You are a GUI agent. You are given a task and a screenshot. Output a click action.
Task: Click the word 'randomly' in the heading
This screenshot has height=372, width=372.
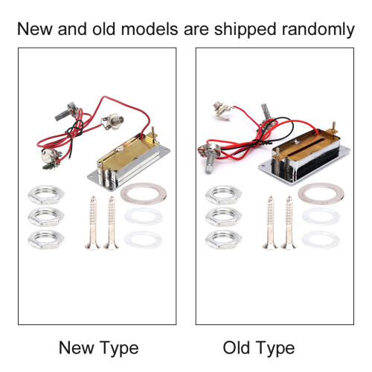[x=318, y=30]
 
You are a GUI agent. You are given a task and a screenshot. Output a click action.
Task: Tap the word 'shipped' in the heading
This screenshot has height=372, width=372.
[x=245, y=30]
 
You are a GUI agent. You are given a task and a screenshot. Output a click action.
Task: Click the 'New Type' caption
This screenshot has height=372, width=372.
[x=99, y=348]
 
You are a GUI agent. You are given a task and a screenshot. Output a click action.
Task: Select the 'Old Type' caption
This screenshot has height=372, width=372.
[x=259, y=348]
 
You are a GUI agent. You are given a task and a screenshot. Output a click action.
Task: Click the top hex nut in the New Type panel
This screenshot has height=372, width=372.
[x=46, y=195]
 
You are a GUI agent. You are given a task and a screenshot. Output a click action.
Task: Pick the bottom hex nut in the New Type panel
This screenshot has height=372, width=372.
[x=46, y=240]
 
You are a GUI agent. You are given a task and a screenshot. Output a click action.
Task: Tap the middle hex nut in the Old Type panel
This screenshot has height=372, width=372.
[x=223, y=217]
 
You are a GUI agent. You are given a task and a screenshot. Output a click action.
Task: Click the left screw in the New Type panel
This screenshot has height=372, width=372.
[x=93, y=222]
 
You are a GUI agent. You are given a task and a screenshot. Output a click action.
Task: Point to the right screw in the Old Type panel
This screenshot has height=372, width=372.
[x=289, y=222]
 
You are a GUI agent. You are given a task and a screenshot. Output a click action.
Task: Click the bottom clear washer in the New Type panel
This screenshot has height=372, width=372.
[x=144, y=240]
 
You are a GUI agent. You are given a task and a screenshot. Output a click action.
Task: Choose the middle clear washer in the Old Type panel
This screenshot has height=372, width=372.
[x=321, y=217]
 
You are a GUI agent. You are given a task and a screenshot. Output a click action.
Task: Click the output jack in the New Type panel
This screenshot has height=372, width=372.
[x=113, y=121]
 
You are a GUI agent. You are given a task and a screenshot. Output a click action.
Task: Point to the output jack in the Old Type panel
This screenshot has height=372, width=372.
[x=222, y=112]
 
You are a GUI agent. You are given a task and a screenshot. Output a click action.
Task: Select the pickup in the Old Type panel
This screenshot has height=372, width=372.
[x=304, y=155]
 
